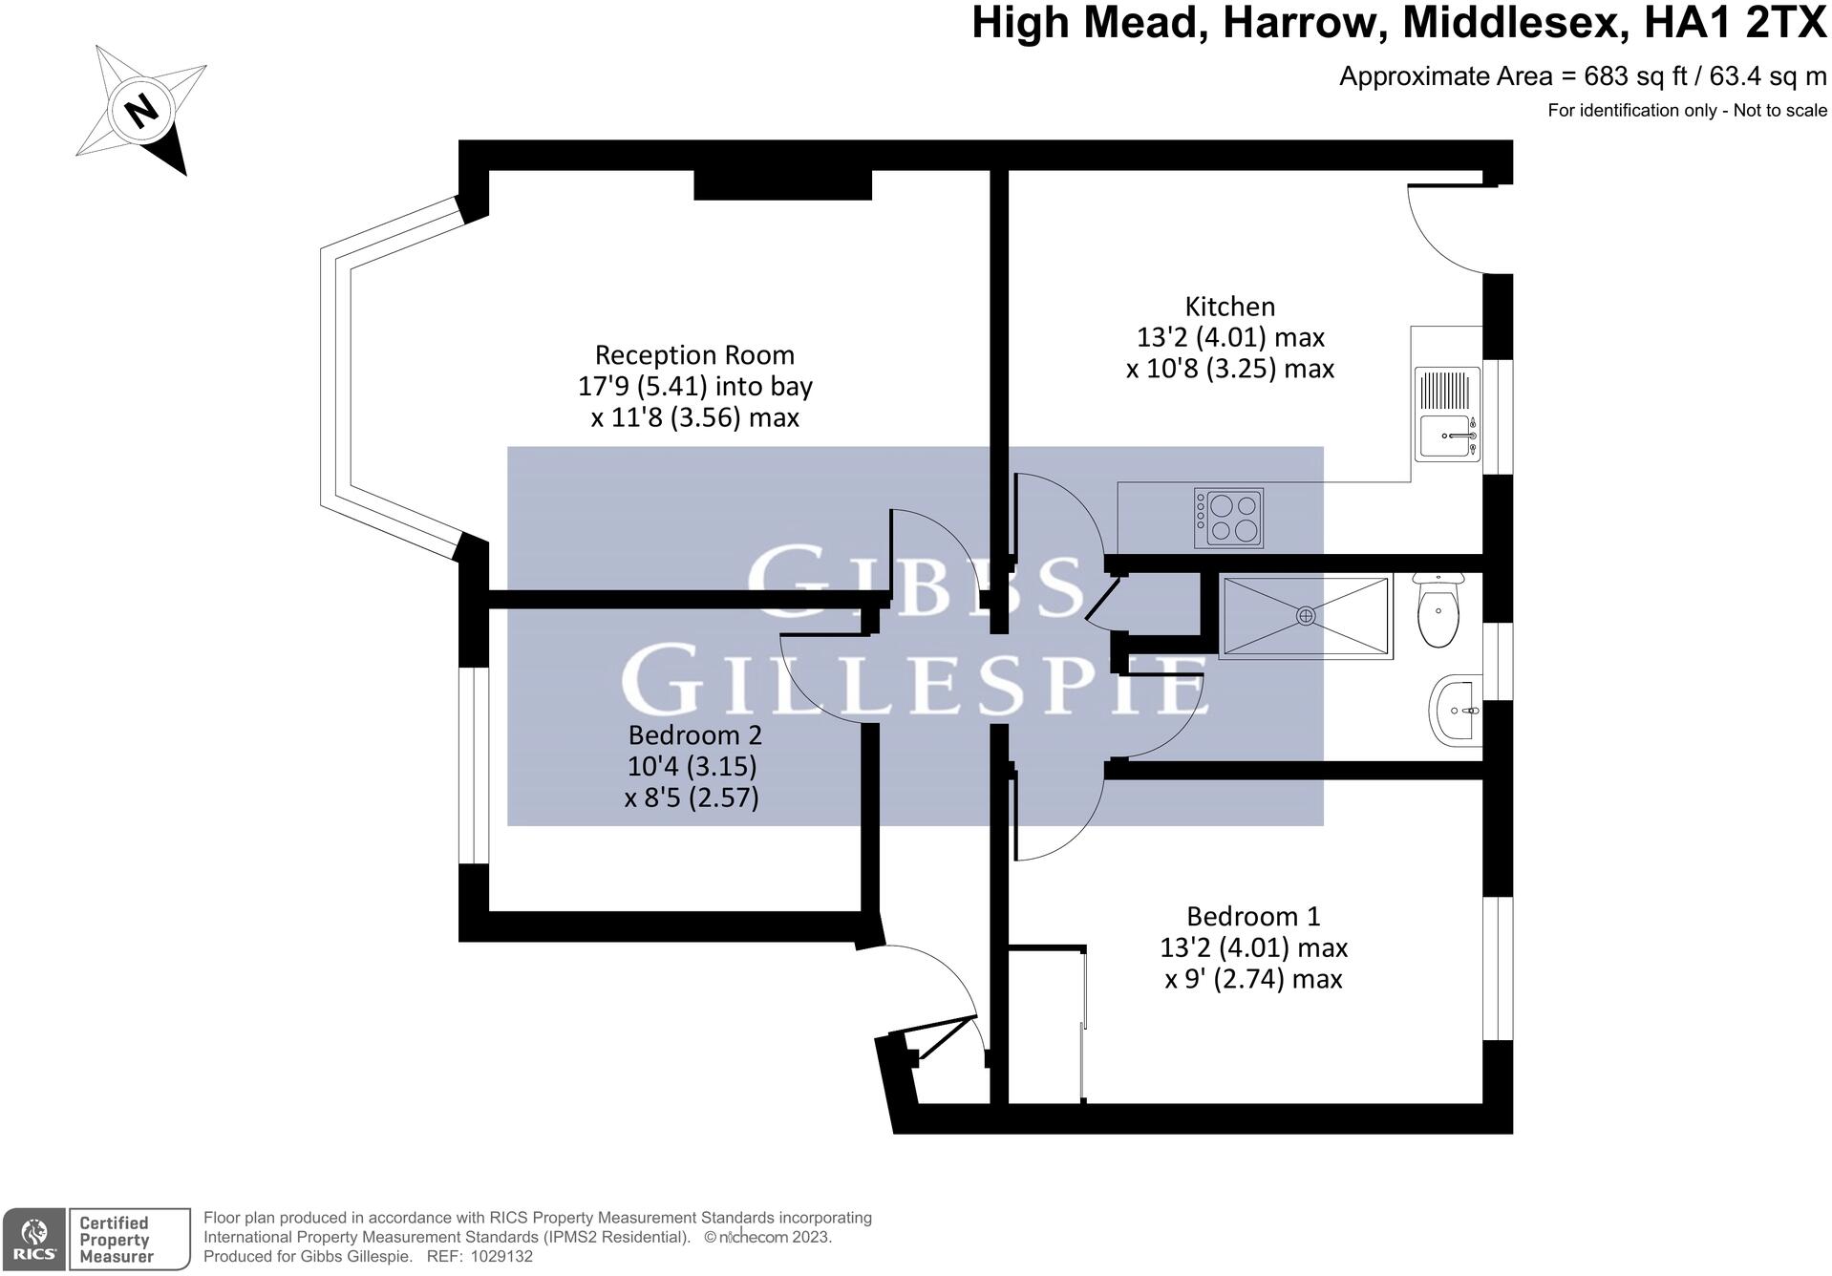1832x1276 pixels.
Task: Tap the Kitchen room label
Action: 1229,307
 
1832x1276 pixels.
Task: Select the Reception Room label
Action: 694,355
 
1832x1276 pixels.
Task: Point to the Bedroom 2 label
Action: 694,735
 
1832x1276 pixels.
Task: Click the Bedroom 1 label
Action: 1253,917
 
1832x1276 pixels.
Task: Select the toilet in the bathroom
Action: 1438,611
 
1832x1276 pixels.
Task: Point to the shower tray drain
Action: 1305,616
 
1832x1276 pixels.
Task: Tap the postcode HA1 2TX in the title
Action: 1735,24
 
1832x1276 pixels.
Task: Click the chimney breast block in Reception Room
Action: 782,184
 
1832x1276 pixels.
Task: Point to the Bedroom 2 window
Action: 474,765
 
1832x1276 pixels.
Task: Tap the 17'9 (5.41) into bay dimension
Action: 694,387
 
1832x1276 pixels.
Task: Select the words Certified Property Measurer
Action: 115,1240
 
